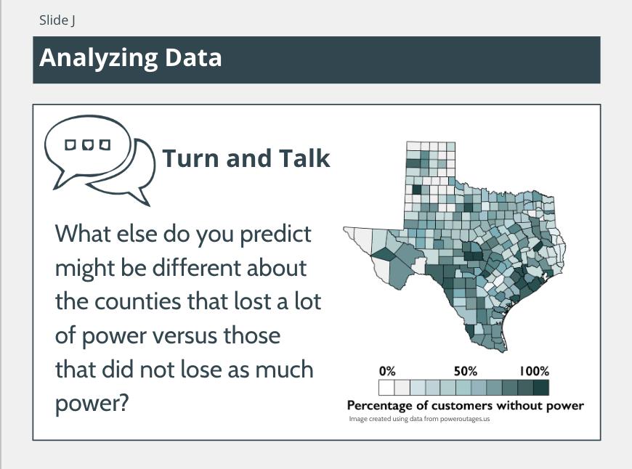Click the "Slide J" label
pyautogui.click(x=57, y=20)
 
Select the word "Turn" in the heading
pyautogui.click(x=192, y=158)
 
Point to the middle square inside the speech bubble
pyautogui.click(x=88, y=144)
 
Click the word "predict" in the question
pyautogui.click(x=276, y=234)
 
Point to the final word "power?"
pyautogui.click(x=92, y=404)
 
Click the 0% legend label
pyautogui.click(x=387, y=371)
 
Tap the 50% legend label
pyautogui.click(x=466, y=371)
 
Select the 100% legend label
pyautogui.click(x=534, y=371)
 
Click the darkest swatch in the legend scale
pyautogui.click(x=541, y=388)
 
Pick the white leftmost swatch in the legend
pyautogui.click(x=386, y=388)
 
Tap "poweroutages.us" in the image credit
pyautogui.click(x=465, y=419)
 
